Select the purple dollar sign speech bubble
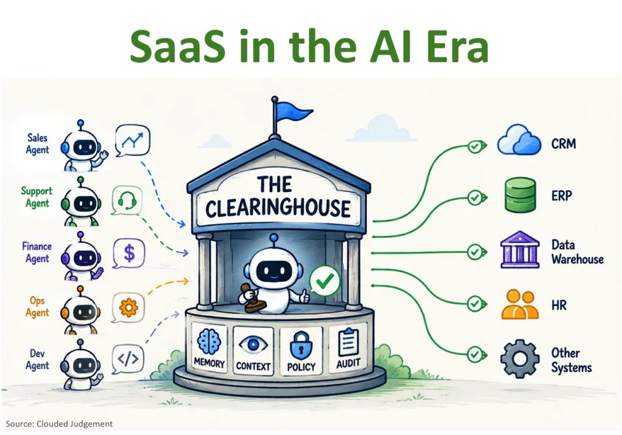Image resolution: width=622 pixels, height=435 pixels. click(129, 253)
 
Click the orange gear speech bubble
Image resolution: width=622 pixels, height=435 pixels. click(128, 307)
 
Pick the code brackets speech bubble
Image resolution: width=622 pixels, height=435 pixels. click(128, 359)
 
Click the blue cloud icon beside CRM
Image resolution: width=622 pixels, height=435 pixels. click(519, 140)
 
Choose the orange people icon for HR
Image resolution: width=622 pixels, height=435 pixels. click(520, 305)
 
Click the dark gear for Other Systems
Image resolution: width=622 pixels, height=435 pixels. click(520, 358)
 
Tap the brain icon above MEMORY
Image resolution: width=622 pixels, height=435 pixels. click(209, 341)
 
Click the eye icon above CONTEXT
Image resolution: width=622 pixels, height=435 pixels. click(253, 344)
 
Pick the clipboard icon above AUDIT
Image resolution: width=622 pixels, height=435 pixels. click(348, 342)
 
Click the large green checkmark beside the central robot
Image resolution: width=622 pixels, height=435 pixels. click(325, 281)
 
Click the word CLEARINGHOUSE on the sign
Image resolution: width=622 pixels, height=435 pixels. click(278, 208)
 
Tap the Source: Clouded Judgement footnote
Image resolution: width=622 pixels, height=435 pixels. click(59, 424)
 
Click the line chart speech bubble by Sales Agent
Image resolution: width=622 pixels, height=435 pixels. click(132, 140)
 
